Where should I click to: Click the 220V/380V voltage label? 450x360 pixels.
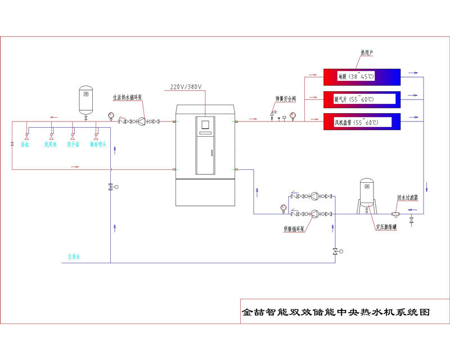pyautogui.click(x=186, y=87)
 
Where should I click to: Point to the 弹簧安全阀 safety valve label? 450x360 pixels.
pyautogui.click(x=286, y=98)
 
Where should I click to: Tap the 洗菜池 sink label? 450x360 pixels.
pyautogui.click(x=51, y=145)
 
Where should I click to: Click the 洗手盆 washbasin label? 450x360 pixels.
pyautogui.click(x=74, y=145)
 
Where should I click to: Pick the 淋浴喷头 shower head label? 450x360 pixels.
pyautogui.click(x=98, y=145)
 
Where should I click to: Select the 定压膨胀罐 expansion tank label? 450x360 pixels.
pyautogui.click(x=387, y=227)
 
